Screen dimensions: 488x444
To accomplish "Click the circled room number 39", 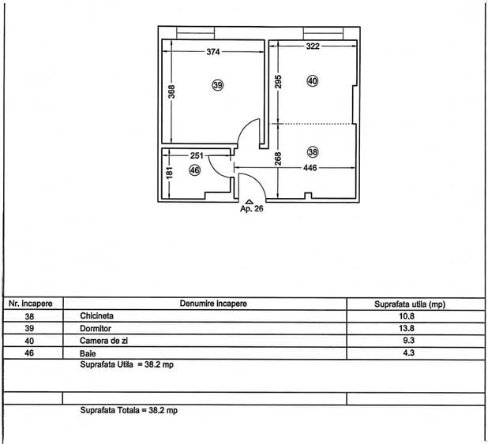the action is click(x=218, y=85).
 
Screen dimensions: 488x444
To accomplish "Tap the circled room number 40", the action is click(x=313, y=81).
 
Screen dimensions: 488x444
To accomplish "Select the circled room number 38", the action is click(x=313, y=152).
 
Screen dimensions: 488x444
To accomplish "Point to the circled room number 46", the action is click(x=195, y=170).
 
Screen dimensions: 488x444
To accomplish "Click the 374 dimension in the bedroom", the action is click(x=213, y=51).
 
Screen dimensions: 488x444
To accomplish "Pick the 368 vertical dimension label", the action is click(x=171, y=91).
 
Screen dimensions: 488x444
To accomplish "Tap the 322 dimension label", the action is click(x=313, y=47).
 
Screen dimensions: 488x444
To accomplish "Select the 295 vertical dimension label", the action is click(x=278, y=81).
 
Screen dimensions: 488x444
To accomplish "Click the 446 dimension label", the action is click(x=310, y=168).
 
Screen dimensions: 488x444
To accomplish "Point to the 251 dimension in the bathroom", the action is click(x=197, y=155).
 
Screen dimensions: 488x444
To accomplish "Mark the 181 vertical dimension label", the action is click(x=169, y=173).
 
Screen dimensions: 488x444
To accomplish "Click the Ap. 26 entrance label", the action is click(x=251, y=209).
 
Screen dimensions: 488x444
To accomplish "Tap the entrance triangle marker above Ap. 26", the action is click(x=250, y=202).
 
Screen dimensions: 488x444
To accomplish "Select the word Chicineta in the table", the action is click(x=96, y=316).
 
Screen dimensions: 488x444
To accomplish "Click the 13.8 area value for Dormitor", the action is click(x=407, y=328).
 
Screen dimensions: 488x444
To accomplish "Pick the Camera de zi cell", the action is click(x=103, y=341).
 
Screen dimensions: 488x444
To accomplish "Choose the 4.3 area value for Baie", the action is click(x=408, y=353).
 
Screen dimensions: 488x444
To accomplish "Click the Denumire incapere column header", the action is click(x=213, y=304).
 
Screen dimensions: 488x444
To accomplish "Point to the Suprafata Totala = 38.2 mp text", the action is click(x=129, y=410).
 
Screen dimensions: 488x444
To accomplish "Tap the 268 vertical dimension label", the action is click(x=278, y=159).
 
